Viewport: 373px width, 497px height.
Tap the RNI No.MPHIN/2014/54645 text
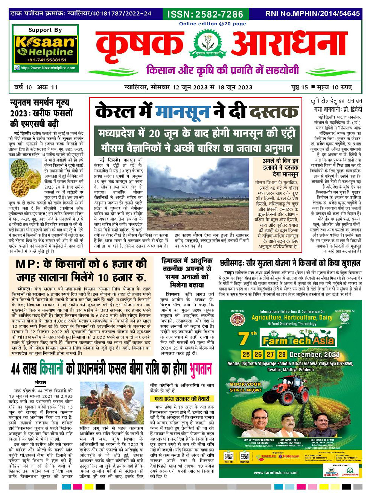312,14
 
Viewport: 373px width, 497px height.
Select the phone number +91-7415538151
45,60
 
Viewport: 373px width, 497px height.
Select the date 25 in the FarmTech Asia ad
246,355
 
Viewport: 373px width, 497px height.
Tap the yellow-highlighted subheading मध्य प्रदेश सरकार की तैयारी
181,399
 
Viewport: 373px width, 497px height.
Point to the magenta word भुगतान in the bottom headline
200,369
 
